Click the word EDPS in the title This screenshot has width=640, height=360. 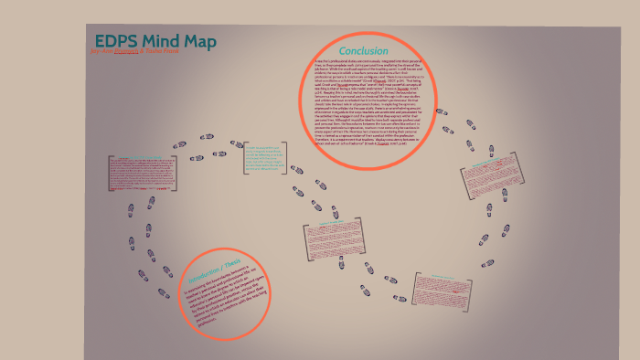[x=114, y=42]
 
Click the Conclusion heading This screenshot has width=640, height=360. [x=363, y=50]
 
